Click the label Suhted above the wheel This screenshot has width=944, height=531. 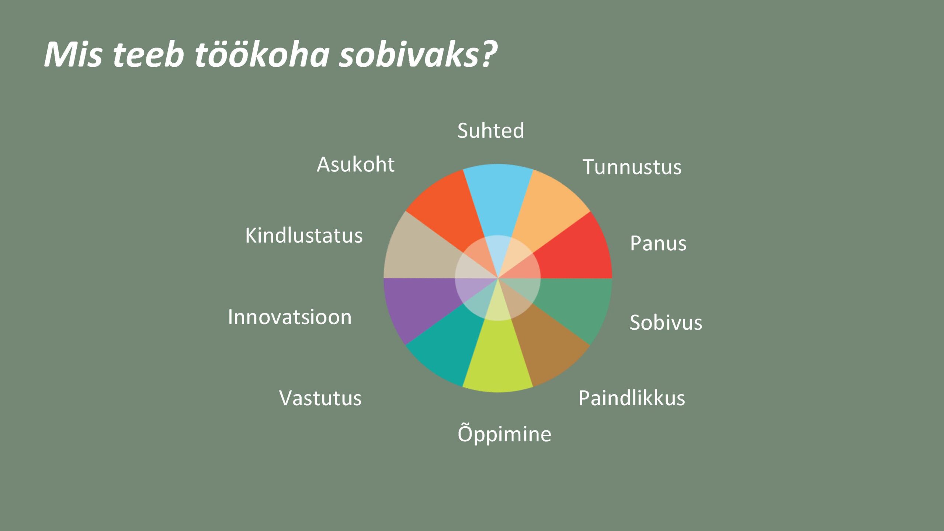tap(491, 131)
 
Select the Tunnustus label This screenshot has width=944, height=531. tap(632, 167)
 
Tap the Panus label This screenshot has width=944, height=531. tap(658, 243)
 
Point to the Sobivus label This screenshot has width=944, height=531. tap(666, 322)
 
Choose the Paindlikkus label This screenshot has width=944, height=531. tap(632, 398)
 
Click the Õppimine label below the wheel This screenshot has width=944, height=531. tap(504, 433)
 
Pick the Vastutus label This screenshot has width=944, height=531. tap(320, 398)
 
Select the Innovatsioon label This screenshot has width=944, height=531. tap(290, 317)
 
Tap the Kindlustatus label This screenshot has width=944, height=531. tap(304, 235)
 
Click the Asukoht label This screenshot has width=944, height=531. tap(355, 164)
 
